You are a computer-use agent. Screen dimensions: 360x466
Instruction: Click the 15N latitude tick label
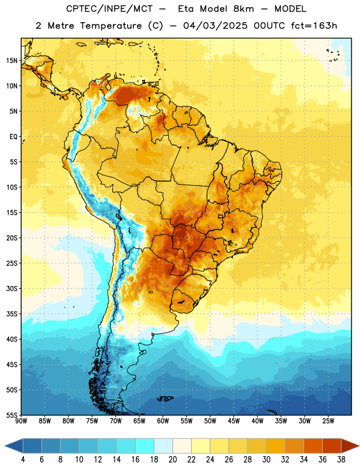click(12, 61)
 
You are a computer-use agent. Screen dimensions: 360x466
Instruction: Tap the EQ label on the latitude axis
click(13, 137)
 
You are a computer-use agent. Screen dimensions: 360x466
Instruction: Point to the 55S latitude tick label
click(12, 415)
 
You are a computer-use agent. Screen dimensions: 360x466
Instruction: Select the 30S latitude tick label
click(12, 288)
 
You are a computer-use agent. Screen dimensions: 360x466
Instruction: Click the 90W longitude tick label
click(21, 421)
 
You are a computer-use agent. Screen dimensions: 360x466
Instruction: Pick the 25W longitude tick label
click(328, 421)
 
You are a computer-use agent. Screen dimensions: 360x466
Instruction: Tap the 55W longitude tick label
click(186, 421)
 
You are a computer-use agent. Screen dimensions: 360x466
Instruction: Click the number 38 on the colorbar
click(341, 460)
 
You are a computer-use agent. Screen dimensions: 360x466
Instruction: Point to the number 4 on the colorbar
click(23, 460)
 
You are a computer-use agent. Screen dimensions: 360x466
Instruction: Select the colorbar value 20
click(172, 460)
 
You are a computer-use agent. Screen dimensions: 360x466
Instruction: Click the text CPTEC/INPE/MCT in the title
click(109, 9)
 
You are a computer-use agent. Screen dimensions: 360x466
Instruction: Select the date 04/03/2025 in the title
click(215, 26)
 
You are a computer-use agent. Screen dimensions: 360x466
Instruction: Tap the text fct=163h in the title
click(314, 26)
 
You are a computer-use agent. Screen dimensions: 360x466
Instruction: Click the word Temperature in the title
click(111, 26)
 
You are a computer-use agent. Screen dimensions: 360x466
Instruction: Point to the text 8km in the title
click(243, 9)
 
